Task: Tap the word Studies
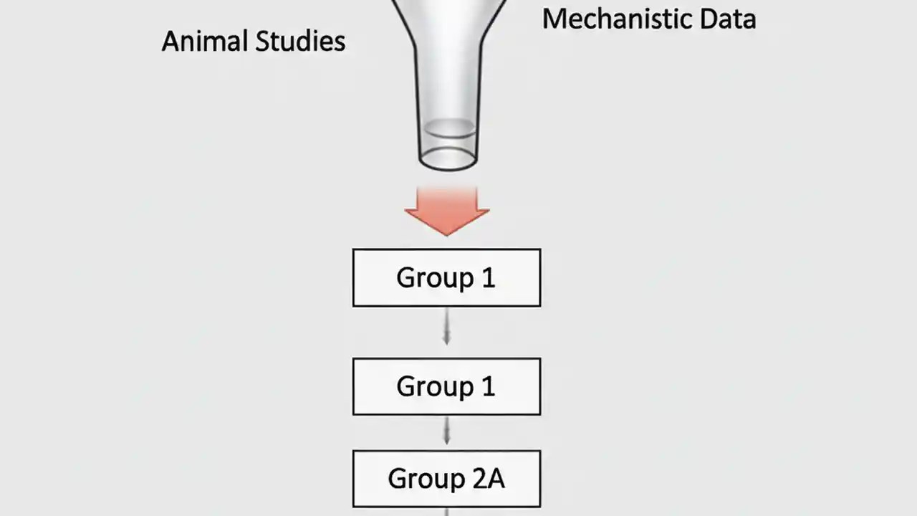300,41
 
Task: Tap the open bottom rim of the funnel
448,159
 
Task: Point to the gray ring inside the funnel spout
448,128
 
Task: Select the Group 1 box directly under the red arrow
446,278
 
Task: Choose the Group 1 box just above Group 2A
446,387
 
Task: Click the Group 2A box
446,479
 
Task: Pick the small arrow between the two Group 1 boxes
446,332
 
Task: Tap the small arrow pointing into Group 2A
446,432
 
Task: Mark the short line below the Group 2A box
446,512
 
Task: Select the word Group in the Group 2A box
425,479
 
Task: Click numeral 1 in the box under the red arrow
488,278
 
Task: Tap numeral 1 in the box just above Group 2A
488,387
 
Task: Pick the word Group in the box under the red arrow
434,278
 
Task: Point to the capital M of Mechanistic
554,18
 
